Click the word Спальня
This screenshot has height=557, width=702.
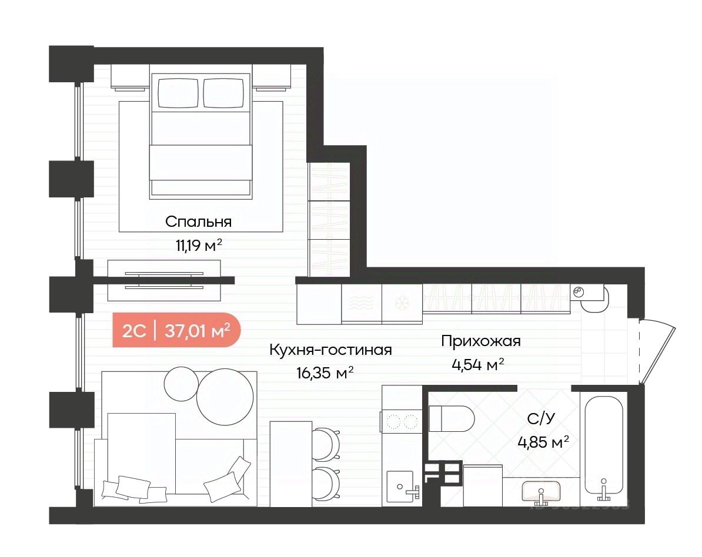point(198,222)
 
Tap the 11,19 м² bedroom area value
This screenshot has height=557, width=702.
point(199,245)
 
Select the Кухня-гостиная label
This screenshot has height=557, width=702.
point(330,350)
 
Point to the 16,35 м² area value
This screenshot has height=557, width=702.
point(325,373)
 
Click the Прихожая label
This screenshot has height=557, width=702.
point(481,341)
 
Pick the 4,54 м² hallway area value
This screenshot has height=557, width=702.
point(478,365)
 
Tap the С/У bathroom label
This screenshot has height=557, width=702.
point(541,419)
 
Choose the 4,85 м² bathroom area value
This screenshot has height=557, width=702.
point(543,442)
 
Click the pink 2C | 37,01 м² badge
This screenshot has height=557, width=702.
point(176,330)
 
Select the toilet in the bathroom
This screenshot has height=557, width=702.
point(452,419)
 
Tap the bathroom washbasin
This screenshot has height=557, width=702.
point(541,491)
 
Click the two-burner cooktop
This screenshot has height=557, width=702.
point(401,421)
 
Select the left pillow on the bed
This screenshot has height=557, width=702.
point(178,93)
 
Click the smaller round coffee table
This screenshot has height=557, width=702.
point(181,384)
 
